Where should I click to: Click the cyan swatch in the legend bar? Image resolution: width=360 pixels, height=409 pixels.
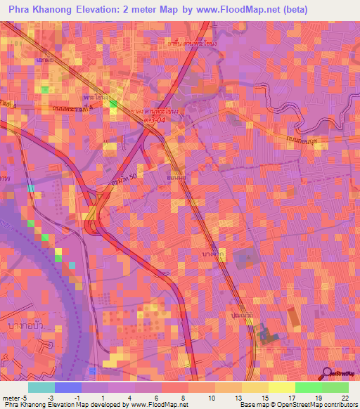(41, 387)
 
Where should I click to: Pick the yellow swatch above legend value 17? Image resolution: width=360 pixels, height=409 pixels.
(282, 387)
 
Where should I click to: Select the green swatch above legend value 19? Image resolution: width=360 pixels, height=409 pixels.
(309, 387)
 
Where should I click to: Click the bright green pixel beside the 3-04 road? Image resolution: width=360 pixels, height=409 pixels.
(113, 105)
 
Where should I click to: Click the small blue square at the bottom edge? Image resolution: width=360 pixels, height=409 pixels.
(94, 370)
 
